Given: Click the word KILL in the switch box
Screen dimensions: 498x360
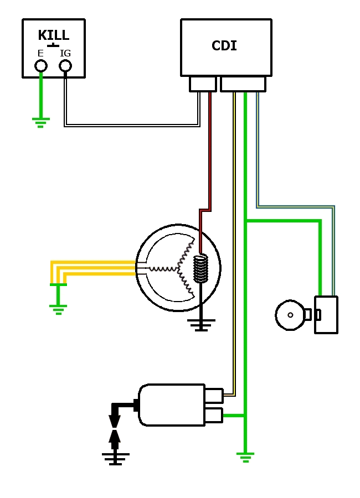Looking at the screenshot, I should click(x=54, y=35).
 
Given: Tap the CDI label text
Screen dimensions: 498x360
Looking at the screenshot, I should click(x=224, y=46).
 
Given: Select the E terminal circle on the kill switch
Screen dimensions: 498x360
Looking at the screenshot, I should click(x=41, y=66).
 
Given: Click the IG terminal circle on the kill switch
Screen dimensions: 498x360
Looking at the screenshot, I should click(x=65, y=66).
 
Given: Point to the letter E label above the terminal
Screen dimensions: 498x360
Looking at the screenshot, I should click(x=40, y=54).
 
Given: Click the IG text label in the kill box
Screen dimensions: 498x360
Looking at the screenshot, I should click(x=65, y=54).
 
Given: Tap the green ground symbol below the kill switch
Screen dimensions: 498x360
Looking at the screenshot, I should click(x=40, y=122).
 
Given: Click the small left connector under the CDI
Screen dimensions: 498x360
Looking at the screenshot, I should click(x=203, y=84).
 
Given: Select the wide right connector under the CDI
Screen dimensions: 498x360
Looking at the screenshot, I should click(x=243, y=84).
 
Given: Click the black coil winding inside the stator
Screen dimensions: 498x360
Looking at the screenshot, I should click(x=200, y=268).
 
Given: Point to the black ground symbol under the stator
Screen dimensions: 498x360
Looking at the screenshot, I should click(x=201, y=325).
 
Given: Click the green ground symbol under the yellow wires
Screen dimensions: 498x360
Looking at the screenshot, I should click(x=58, y=309).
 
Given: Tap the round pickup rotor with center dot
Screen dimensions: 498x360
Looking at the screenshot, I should click(x=290, y=315).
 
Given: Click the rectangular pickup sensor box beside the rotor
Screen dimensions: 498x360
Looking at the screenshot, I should click(x=326, y=315).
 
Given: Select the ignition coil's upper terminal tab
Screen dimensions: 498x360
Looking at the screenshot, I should click(x=214, y=396).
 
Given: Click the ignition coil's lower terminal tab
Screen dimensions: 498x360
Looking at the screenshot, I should click(x=214, y=415).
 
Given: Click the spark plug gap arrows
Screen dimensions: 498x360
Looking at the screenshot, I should click(x=115, y=429).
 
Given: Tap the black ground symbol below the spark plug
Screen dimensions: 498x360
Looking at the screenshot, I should click(x=115, y=459).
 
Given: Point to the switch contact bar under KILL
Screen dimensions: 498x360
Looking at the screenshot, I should click(x=53, y=45).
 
